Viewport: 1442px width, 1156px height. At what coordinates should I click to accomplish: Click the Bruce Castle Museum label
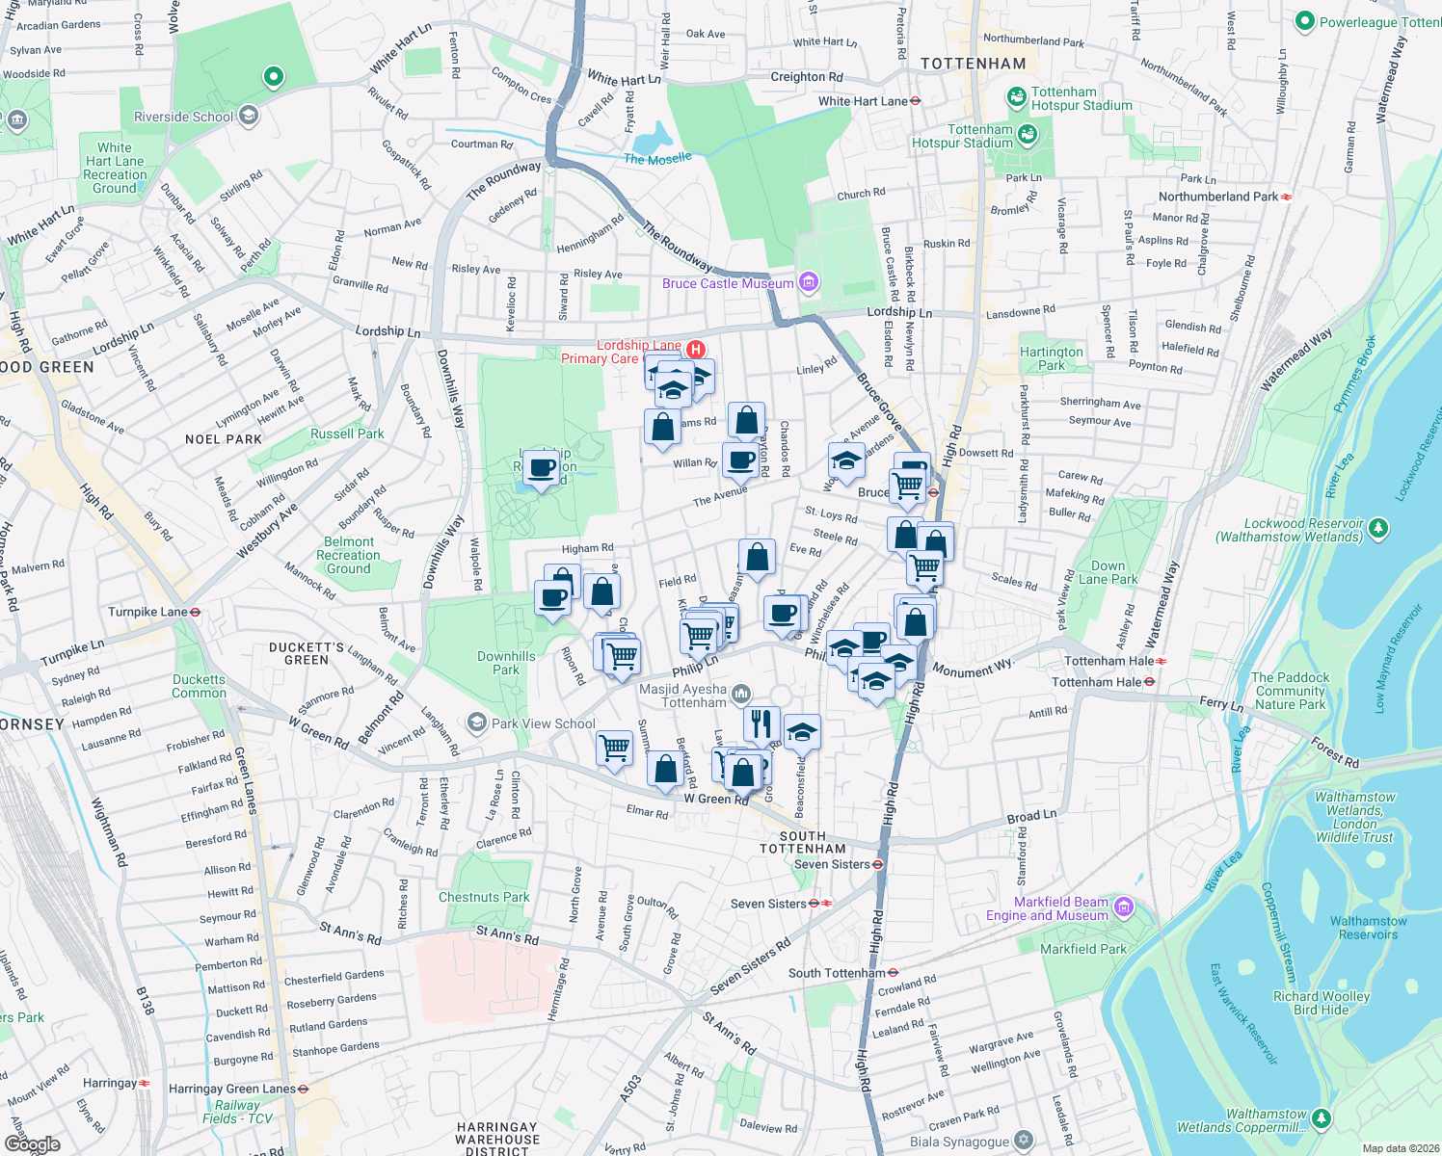click(x=728, y=283)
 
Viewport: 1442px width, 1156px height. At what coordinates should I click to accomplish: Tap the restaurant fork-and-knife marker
click(x=761, y=722)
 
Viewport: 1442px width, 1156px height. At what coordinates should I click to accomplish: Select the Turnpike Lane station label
click(x=147, y=612)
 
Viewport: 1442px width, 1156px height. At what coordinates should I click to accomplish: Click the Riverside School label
click(x=183, y=117)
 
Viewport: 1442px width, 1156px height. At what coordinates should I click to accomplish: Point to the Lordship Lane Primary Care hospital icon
click(x=695, y=350)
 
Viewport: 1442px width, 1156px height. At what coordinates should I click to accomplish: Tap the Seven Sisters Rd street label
click(x=750, y=966)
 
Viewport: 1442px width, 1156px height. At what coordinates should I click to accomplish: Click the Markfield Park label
click(x=1083, y=949)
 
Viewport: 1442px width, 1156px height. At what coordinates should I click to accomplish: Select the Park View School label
click(x=544, y=723)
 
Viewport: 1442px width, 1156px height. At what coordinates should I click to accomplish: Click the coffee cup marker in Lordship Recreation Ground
click(x=543, y=469)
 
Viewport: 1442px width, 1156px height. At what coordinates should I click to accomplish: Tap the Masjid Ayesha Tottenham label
click(x=683, y=696)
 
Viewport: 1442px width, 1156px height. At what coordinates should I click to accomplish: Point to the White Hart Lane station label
click(x=863, y=101)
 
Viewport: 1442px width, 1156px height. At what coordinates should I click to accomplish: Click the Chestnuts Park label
click(x=484, y=897)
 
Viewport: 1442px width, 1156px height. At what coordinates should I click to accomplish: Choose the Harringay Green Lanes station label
click(x=232, y=1089)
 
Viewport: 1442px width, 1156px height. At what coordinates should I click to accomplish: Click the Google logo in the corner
click(x=32, y=1143)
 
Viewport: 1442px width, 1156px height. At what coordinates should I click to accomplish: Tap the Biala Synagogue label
click(x=960, y=1142)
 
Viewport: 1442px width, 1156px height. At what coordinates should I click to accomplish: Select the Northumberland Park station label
click(x=1217, y=197)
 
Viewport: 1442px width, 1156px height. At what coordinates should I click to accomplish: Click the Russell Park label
click(x=347, y=433)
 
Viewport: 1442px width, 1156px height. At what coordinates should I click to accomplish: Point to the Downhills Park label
click(x=506, y=663)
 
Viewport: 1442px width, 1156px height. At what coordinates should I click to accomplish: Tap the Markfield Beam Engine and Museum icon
click(x=1124, y=907)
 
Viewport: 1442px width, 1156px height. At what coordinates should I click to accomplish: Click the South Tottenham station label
click(x=837, y=973)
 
